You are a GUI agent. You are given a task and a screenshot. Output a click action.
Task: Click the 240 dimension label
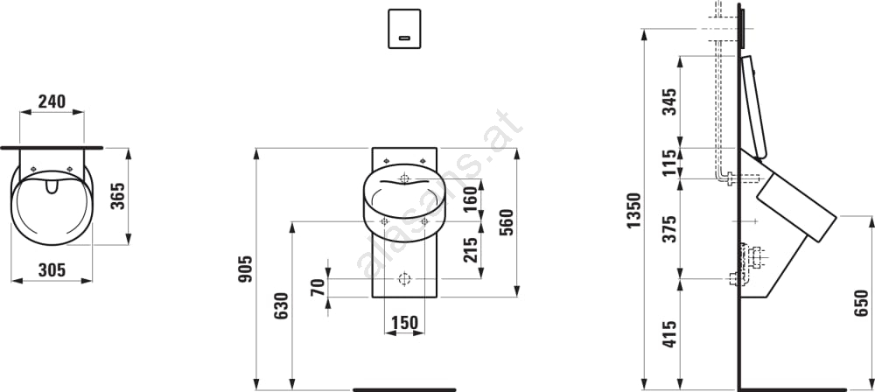52,101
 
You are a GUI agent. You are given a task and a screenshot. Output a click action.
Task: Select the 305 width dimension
52,270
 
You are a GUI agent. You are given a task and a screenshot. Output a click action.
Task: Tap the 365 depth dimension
117,195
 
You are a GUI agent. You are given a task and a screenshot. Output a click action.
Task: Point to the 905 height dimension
246,269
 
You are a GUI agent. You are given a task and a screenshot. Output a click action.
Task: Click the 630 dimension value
281,306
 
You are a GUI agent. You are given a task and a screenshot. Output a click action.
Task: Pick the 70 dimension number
318,288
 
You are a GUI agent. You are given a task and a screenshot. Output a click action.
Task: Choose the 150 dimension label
404,323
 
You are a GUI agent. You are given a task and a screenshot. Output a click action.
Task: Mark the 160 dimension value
471,199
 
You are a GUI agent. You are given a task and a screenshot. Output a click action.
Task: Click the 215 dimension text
471,250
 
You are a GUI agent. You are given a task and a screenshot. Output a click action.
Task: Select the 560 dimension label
506,222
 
